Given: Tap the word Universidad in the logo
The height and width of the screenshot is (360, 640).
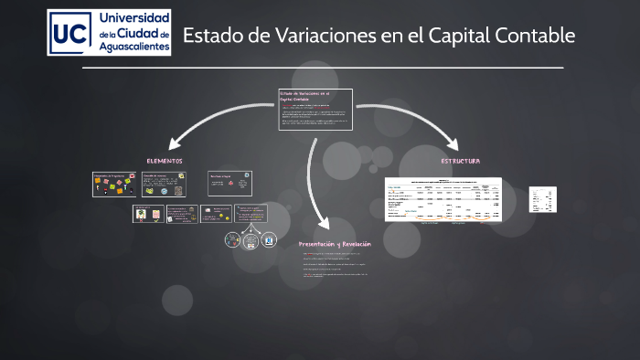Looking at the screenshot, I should coord(133,18).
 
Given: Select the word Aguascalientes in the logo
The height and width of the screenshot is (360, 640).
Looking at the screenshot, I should coord(133,48).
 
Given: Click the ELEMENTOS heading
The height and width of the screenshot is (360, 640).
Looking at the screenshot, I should coord(165,161).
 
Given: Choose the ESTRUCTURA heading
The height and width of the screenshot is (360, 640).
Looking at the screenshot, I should coord(460,161).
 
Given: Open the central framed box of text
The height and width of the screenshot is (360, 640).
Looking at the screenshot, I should coord(315,110).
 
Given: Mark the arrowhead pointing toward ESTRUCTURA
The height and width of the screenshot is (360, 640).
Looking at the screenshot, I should coord(453,143).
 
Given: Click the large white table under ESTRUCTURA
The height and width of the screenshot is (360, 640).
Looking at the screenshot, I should coord(443,198).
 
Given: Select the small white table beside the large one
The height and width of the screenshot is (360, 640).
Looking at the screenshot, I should coord(543,199).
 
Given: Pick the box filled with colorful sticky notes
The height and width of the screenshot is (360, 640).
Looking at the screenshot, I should coord(114,184).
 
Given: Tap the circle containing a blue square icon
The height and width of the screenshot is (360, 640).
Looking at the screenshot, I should coord(269,240).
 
